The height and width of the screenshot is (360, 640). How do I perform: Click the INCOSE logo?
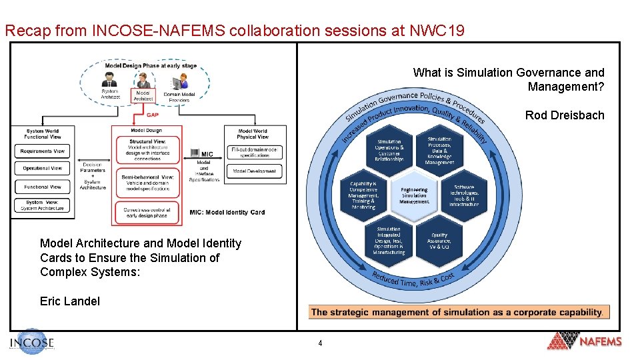(32, 343)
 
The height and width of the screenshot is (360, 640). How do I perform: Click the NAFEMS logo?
(584, 341)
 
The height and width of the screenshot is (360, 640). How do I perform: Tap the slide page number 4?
(320, 343)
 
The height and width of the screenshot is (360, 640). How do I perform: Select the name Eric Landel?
(70, 301)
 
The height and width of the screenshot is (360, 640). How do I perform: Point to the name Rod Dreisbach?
(565, 115)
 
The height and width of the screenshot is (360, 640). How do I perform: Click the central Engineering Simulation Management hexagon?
(414, 196)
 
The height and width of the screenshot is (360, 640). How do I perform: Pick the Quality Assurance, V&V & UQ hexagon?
(439, 241)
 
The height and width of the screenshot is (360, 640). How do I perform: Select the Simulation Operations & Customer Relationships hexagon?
(389, 151)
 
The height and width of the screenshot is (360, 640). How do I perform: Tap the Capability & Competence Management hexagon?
(364, 196)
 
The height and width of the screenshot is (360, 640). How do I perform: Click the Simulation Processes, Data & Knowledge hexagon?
(439, 151)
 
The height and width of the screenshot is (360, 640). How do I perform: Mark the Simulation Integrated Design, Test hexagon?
(389, 241)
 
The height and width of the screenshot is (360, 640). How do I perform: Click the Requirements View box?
(42, 151)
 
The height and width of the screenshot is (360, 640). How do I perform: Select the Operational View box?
(42, 169)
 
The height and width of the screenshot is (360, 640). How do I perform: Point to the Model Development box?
(255, 171)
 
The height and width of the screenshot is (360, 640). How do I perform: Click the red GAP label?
(153, 115)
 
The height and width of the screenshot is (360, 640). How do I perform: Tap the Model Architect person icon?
(143, 83)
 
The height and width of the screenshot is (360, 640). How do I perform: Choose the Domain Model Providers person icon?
(179, 83)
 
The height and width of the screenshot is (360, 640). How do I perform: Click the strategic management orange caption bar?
(459, 312)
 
